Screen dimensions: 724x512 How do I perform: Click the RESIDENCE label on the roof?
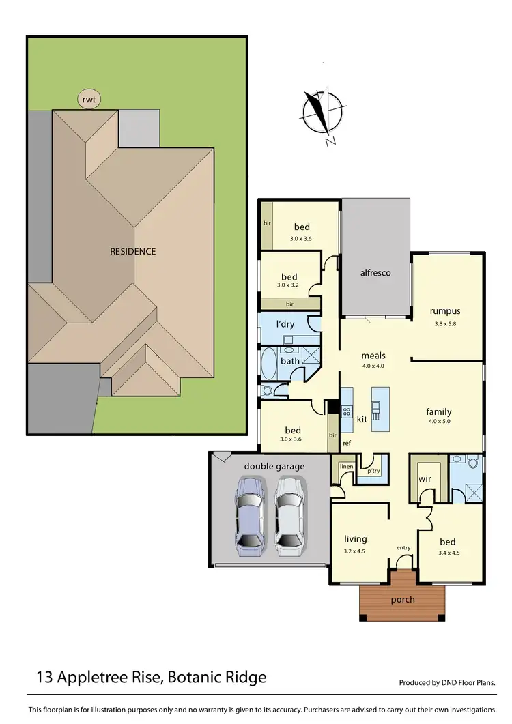[132, 251]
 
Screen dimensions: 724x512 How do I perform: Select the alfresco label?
[375, 272]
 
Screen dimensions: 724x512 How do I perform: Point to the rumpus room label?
[445, 311]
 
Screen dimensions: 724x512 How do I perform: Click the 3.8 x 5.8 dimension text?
[445, 323]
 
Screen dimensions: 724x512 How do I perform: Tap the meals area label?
[373, 356]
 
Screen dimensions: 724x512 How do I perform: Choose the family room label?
[439, 411]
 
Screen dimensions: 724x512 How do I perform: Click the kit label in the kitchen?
[362, 419]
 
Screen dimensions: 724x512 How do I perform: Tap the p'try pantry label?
[373, 471]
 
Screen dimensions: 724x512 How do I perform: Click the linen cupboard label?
[346, 466]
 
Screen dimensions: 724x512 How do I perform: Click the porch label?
[402, 600]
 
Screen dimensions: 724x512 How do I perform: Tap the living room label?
[356, 539]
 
